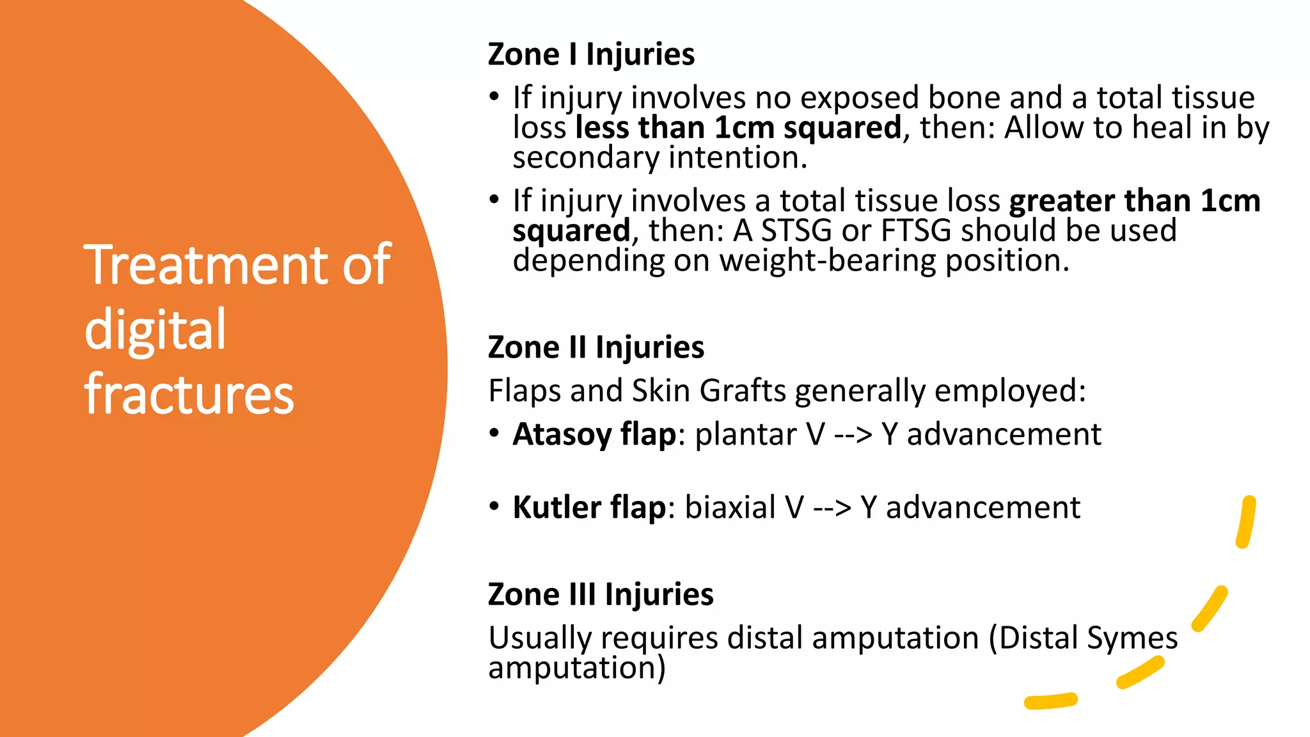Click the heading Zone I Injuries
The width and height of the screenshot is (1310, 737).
pyautogui.click(x=590, y=54)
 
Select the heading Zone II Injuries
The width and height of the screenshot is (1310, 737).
pyautogui.click(x=596, y=347)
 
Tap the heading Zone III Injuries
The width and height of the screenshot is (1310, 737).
pyautogui.click(x=600, y=594)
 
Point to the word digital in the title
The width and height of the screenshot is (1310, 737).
pyautogui.click(x=155, y=329)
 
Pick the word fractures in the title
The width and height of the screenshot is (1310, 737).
pyautogui.click(x=189, y=393)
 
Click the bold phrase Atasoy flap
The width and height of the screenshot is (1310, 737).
pyautogui.click(x=594, y=435)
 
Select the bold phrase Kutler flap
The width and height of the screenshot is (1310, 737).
pyautogui.click(x=589, y=508)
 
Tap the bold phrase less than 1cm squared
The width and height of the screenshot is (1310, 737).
pyautogui.click(x=738, y=127)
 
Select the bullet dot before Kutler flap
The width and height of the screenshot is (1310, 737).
pyautogui.click(x=494, y=507)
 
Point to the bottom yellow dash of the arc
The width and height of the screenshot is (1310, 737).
pyautogui.click(x=1050, y=701)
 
